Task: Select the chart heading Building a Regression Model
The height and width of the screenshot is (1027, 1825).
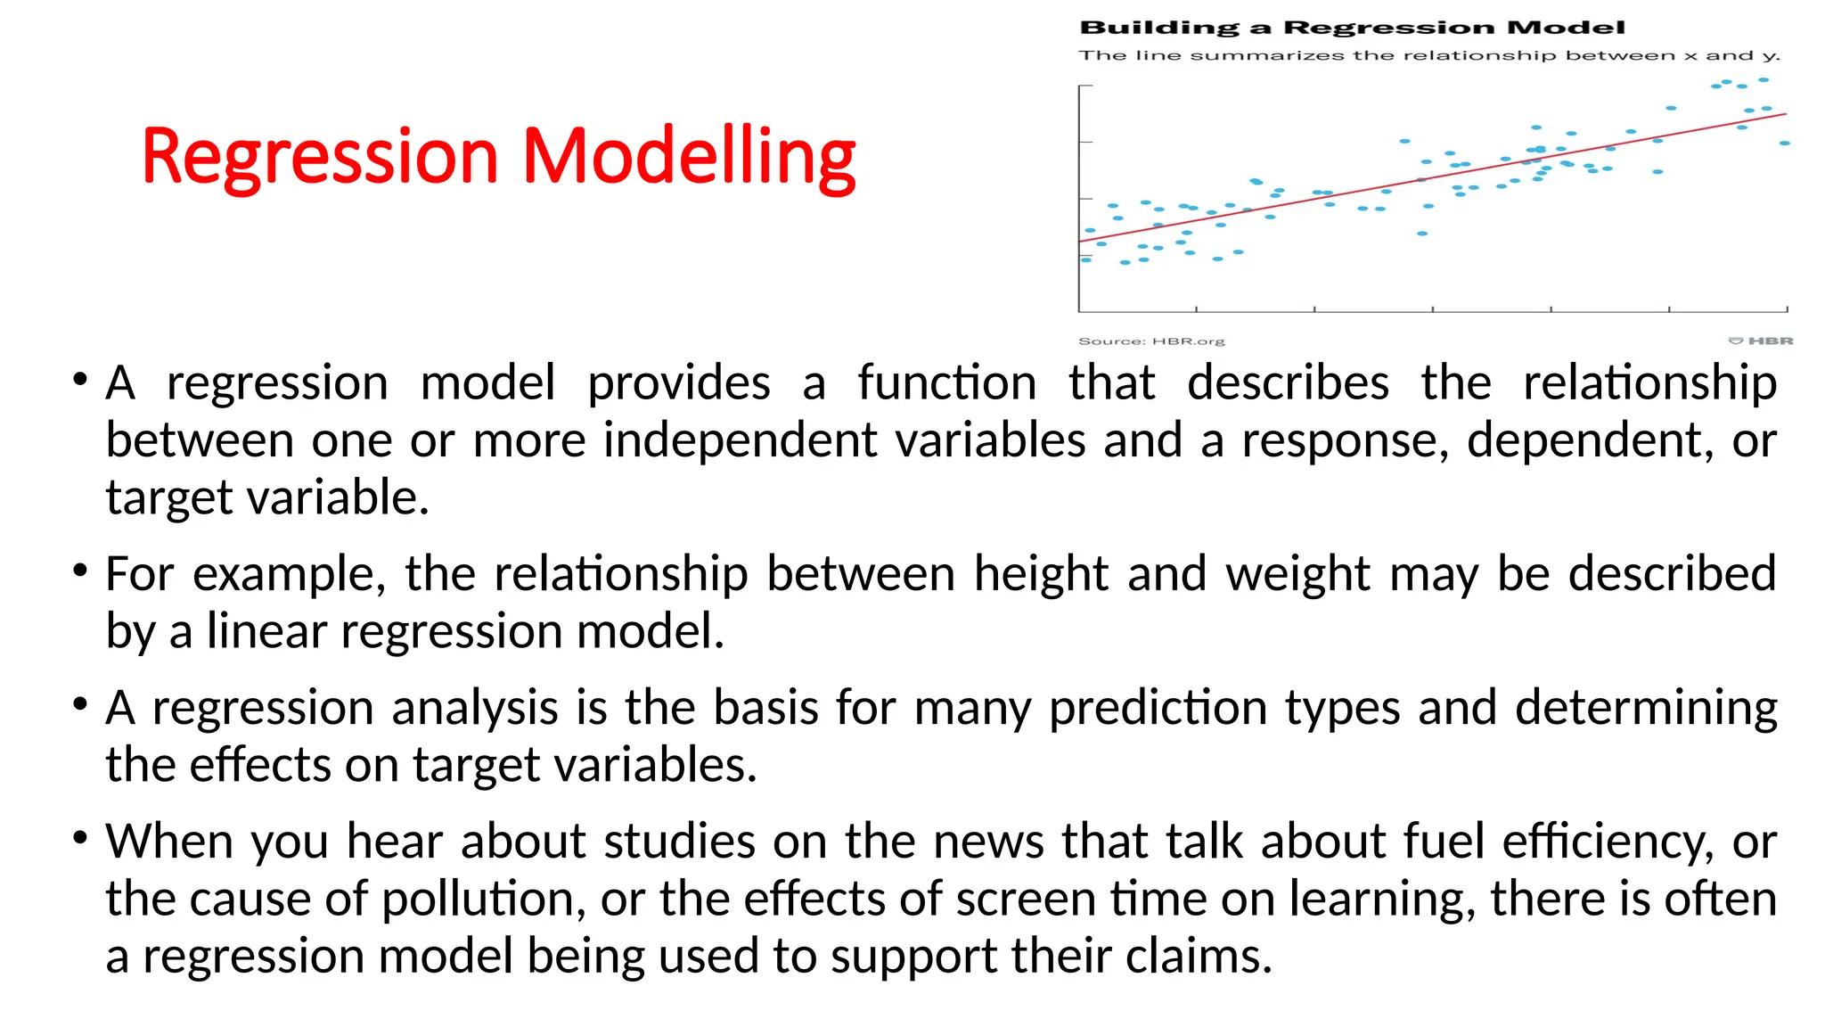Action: pos(1352,28)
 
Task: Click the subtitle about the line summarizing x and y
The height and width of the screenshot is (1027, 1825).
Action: pos(1428,55)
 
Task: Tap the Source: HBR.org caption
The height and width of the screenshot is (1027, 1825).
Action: pos(1151,341)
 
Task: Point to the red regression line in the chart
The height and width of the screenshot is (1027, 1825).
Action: pos(1434,177)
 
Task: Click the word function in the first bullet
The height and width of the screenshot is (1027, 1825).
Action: pos(947,383)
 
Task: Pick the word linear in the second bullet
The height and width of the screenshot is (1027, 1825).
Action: pos(267,631)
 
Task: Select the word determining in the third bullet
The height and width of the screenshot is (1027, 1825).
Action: pos(1646,708)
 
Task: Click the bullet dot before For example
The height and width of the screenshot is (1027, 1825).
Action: pos(81,570)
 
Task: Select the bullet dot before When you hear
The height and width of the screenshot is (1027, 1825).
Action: pos(81,837)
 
